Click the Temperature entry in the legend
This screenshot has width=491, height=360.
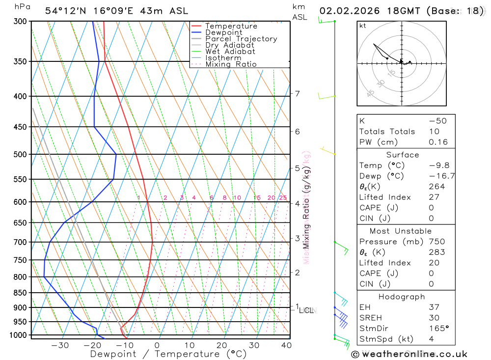(x=231, y=26)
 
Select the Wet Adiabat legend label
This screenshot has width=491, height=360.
(x=230, y=51)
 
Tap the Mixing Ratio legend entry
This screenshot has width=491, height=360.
(x=231, y=64)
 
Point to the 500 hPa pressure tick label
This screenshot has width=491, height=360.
(x=20, y=154)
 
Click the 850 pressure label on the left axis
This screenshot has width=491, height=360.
(x=20, y=293)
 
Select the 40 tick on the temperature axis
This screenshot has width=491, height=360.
(x=286, y=345)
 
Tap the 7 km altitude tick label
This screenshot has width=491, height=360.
(x=298, y=93)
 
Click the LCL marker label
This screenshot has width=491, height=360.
(x=307, y=310)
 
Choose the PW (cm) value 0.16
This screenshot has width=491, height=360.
(x=438, y=142)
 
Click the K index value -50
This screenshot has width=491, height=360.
(x=437, y=121)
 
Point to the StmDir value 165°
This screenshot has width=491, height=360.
(x=436, y=328)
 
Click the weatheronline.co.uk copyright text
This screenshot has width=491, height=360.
(x=409, y=354)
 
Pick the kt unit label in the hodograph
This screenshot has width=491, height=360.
(x=362, y=26)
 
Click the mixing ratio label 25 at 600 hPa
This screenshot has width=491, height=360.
(x=283, y=198)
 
